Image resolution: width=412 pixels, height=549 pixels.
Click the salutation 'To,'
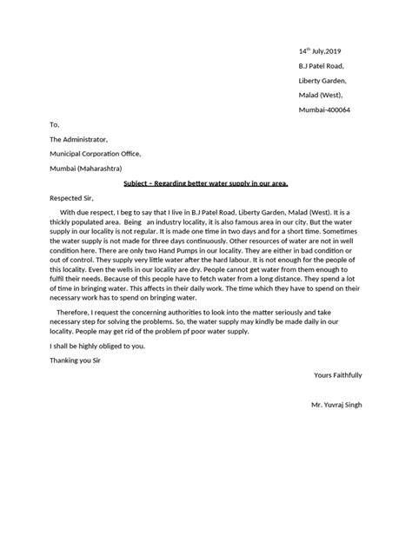tap(55, 124)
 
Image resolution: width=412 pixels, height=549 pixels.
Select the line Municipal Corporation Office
tap(100, 153)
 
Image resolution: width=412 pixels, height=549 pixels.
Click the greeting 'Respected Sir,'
tap(76, 198)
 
